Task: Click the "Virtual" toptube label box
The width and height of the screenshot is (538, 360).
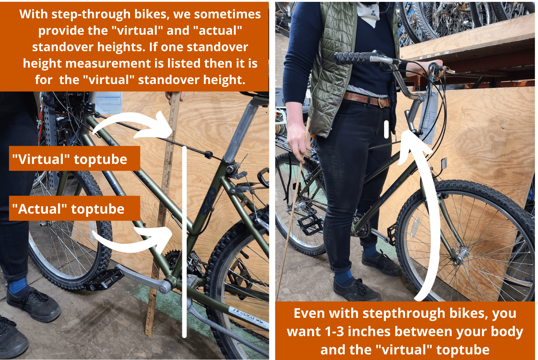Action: point(74,159)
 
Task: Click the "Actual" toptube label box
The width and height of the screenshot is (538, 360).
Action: point(74,208)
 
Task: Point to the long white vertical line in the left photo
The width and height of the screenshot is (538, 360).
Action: point(185,243)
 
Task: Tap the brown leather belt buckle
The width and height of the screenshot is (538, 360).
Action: point(383,102)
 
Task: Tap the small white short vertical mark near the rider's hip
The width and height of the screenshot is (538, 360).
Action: point(387,129)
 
